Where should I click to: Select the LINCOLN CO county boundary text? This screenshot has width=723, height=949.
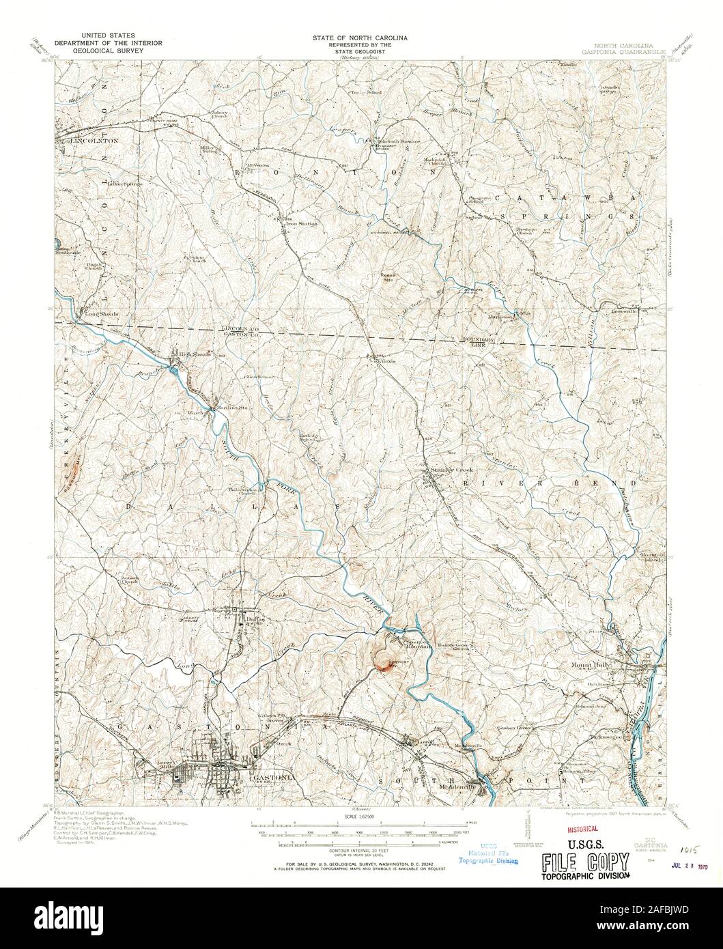236,328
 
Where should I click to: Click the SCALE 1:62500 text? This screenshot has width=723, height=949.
360,817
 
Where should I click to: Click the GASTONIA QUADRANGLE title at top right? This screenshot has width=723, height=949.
621,50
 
